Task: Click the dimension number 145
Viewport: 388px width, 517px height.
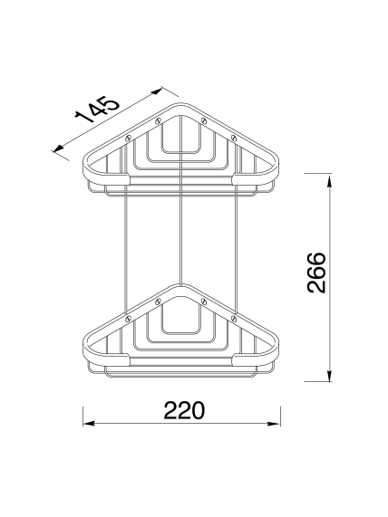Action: (97, 110)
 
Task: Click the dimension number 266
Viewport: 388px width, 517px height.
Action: (316, 273)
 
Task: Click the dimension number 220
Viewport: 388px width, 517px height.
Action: (184, 410)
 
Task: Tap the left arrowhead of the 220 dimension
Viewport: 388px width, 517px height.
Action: (89, 424)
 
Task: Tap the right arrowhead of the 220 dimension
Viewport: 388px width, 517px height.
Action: (274, 424)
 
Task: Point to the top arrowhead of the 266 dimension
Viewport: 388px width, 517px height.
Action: (329, 182)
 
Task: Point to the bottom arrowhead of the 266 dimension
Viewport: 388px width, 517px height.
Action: (329, 375)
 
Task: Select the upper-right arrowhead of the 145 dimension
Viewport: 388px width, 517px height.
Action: (156, 91)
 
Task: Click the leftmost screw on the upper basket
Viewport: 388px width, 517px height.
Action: (129, 138)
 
